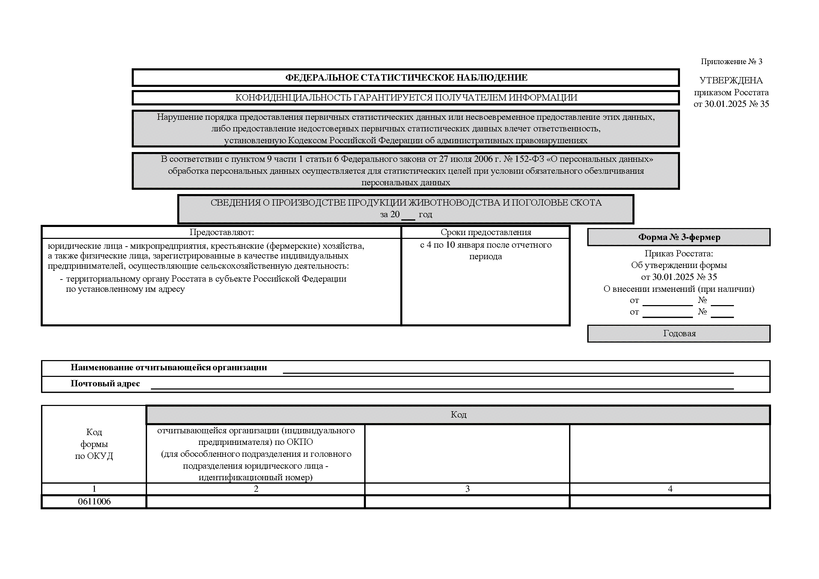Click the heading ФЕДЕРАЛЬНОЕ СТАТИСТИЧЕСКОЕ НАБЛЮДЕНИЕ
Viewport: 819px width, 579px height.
click(x=406, y=78)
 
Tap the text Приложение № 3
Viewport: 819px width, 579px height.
click(x=731, y=62)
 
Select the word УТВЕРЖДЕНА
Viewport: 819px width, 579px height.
click(x=731, y=81)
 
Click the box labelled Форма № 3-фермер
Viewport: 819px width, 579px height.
click(x=679, y=237)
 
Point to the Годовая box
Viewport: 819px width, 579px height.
click(x=679, y=333)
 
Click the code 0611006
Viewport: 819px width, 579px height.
click(x=94, y=502)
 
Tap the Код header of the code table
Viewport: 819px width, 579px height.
click(x=458, y=414)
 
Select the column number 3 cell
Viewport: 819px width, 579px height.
click(x=467, y=489)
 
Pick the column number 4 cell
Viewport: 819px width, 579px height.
click(x=670, y=489)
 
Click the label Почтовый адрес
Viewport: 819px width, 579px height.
click(x=105, y=384)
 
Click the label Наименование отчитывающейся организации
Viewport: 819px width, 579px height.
click(x=169, y=368)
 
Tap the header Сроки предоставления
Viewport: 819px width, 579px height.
click(x=486, y=232)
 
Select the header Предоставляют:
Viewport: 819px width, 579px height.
click(x=222, y=232)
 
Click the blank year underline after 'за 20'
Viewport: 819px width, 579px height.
click(x=408, y=216)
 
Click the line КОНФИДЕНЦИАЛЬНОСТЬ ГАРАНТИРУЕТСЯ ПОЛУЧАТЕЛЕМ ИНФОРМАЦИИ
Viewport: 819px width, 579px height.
click(x=406, y=98)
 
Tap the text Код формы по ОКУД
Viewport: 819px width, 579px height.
click(x=94, y=444)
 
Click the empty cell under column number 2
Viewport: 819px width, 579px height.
click(x=255, y=502)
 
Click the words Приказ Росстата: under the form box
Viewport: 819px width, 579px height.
click(x=679, y=254)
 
